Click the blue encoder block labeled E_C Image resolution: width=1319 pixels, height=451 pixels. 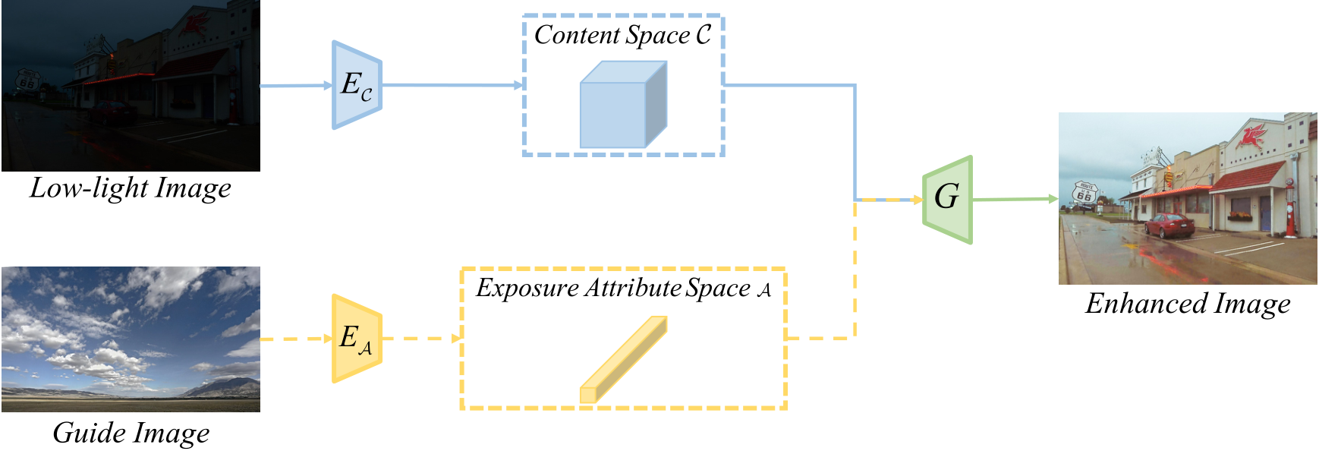pyautogui.click(x=357, y=85)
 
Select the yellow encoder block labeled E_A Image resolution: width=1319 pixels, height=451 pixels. pyautogui.click(x=357, y=338)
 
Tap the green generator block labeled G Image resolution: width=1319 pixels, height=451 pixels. pyautogui.click(x=947, y=200)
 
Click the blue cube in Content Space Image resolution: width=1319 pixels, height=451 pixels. pyautogui.click(x=623, y=104)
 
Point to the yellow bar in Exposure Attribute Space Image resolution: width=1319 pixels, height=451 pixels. pyautogui.click(x=623, y=359)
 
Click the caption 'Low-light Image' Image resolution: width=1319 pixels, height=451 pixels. pyautogui.click(x=131, y=188)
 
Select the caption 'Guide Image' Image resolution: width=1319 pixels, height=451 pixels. pyautogui.click(x=131, y=433)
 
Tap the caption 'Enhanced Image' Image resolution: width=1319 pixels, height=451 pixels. pyautogui.click(x=1188, y=304)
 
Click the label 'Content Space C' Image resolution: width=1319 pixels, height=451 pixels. pyautogui.click(x=622, y=35)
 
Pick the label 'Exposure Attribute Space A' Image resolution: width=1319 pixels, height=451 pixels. pyautogui.click(x=623, y=288)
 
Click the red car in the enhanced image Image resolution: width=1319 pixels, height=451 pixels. pyautogui.click(x=1169, y=225)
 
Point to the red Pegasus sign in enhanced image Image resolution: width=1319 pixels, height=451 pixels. pyautogui.click(x=1251, y=137)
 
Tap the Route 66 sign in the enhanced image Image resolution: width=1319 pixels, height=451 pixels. pyautogui.click(x=1084, y=193)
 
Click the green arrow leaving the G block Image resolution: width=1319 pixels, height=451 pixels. pyautogui.click(x=1015, y=199)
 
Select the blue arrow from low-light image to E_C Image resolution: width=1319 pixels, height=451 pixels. pyautogui.click(x=296, y=85)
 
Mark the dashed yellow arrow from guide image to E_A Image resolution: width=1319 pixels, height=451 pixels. pyautogui.click(x=296, y=338)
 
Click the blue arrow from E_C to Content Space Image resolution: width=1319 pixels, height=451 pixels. pyautogui.click(x=453, y=85)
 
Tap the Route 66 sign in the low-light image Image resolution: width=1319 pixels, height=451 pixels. pyautogui.click(x=27, y=80)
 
